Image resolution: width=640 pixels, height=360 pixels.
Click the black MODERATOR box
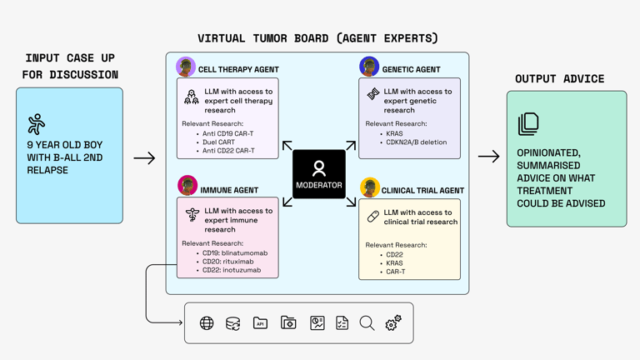pos(319,174)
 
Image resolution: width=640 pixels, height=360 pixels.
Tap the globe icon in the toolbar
pos(207,323)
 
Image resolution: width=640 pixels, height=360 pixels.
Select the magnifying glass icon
pos(367,323)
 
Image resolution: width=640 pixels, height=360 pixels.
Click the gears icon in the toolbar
pos(393,323)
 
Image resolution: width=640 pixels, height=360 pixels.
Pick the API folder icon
pos(260,323)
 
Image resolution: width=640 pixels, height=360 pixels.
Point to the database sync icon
pos(233,323)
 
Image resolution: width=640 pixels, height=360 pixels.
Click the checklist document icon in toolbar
pos(342,323)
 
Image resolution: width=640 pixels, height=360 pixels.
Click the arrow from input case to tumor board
pos(144,157)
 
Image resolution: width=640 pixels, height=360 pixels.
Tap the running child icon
pos(36,125)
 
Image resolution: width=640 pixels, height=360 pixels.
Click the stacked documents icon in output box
pos(528,124)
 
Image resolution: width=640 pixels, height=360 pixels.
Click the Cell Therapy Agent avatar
pos(186,67)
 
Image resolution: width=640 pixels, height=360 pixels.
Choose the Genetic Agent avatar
pos(369,67)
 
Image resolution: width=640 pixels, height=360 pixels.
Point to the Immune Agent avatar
pos(187,185)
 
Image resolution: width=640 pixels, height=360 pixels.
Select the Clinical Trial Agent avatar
pos(369,187)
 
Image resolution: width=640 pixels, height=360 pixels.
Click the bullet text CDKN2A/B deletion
pos(416,142)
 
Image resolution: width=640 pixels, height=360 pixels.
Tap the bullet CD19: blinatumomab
pos(235,252)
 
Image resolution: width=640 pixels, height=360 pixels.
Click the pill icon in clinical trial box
pos(373,217)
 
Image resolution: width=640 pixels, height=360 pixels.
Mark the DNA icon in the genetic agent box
pos(373,95)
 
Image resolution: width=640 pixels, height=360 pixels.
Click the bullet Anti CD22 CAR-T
pos(229,151)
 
